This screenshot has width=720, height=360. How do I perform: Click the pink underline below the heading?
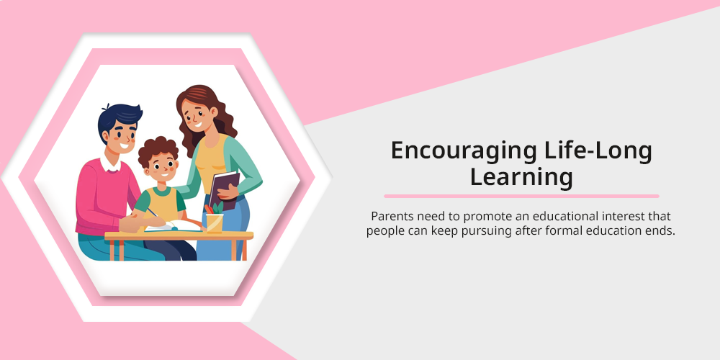click(x=521, y=196)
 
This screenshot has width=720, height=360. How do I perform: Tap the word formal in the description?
click(x=563, y=230)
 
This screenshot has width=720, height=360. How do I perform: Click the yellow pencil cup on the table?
click(x=215, y=222)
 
